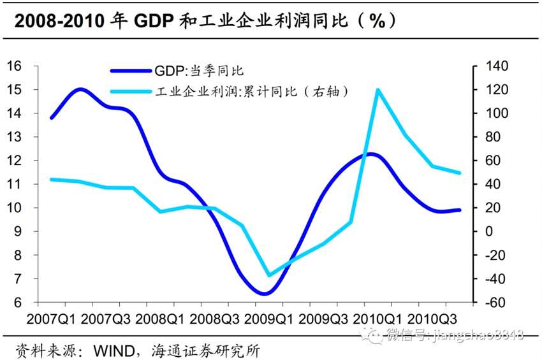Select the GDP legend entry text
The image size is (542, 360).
[199, 71]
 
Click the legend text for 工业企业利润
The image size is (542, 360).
[253, 91]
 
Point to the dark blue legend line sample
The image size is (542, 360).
[131, 71]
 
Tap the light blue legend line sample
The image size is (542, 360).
[131, 91]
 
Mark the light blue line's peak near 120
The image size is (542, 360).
[378, 90]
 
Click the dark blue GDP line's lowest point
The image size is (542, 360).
[265, 294]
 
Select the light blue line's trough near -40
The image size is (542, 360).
[269, 275]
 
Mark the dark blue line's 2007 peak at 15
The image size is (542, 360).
[79, 89]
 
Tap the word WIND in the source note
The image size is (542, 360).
[117, 350]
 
